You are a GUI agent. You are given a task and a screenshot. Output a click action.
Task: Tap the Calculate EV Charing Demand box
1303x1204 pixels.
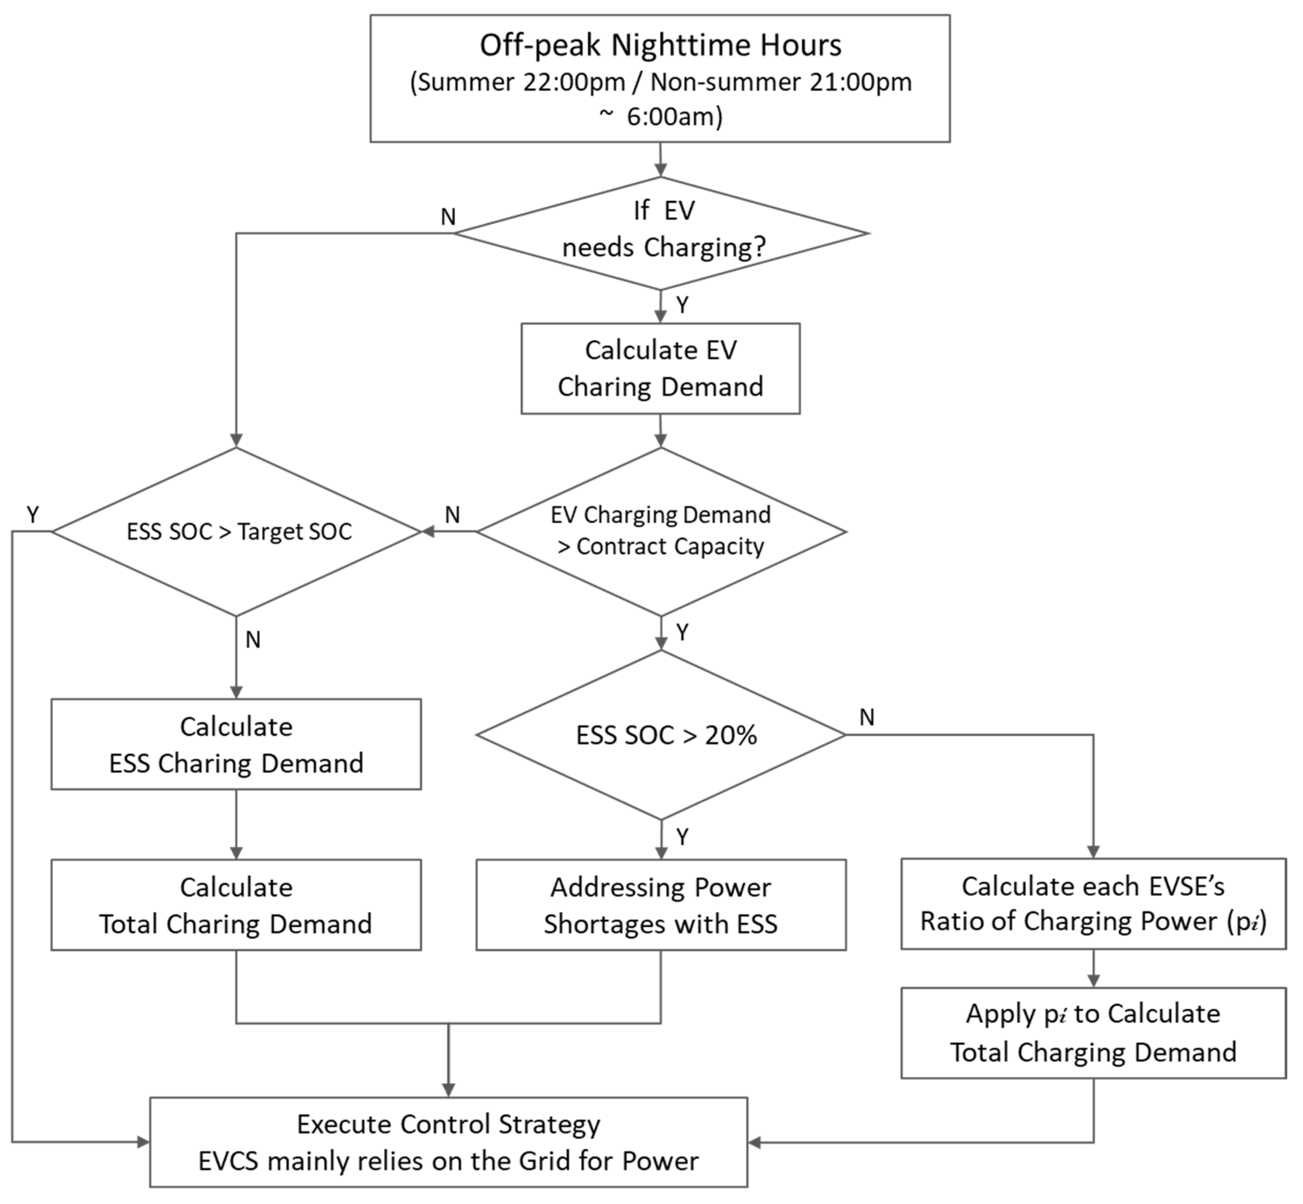point(660,368)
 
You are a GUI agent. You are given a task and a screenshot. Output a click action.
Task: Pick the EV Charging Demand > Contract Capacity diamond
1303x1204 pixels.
point(661,531)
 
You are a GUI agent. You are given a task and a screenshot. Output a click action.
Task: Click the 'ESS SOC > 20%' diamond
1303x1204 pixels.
point(661,735)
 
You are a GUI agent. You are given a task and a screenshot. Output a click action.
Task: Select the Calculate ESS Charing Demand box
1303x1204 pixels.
point(236,744)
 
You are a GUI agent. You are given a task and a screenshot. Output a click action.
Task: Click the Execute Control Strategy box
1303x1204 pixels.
point(448,1142)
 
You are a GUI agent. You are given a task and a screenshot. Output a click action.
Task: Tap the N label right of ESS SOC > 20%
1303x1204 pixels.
point(866,717)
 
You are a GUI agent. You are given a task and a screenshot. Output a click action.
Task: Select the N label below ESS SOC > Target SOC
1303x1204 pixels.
point(253,640)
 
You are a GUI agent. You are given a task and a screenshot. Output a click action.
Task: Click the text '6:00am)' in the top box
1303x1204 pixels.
point(674,117)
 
